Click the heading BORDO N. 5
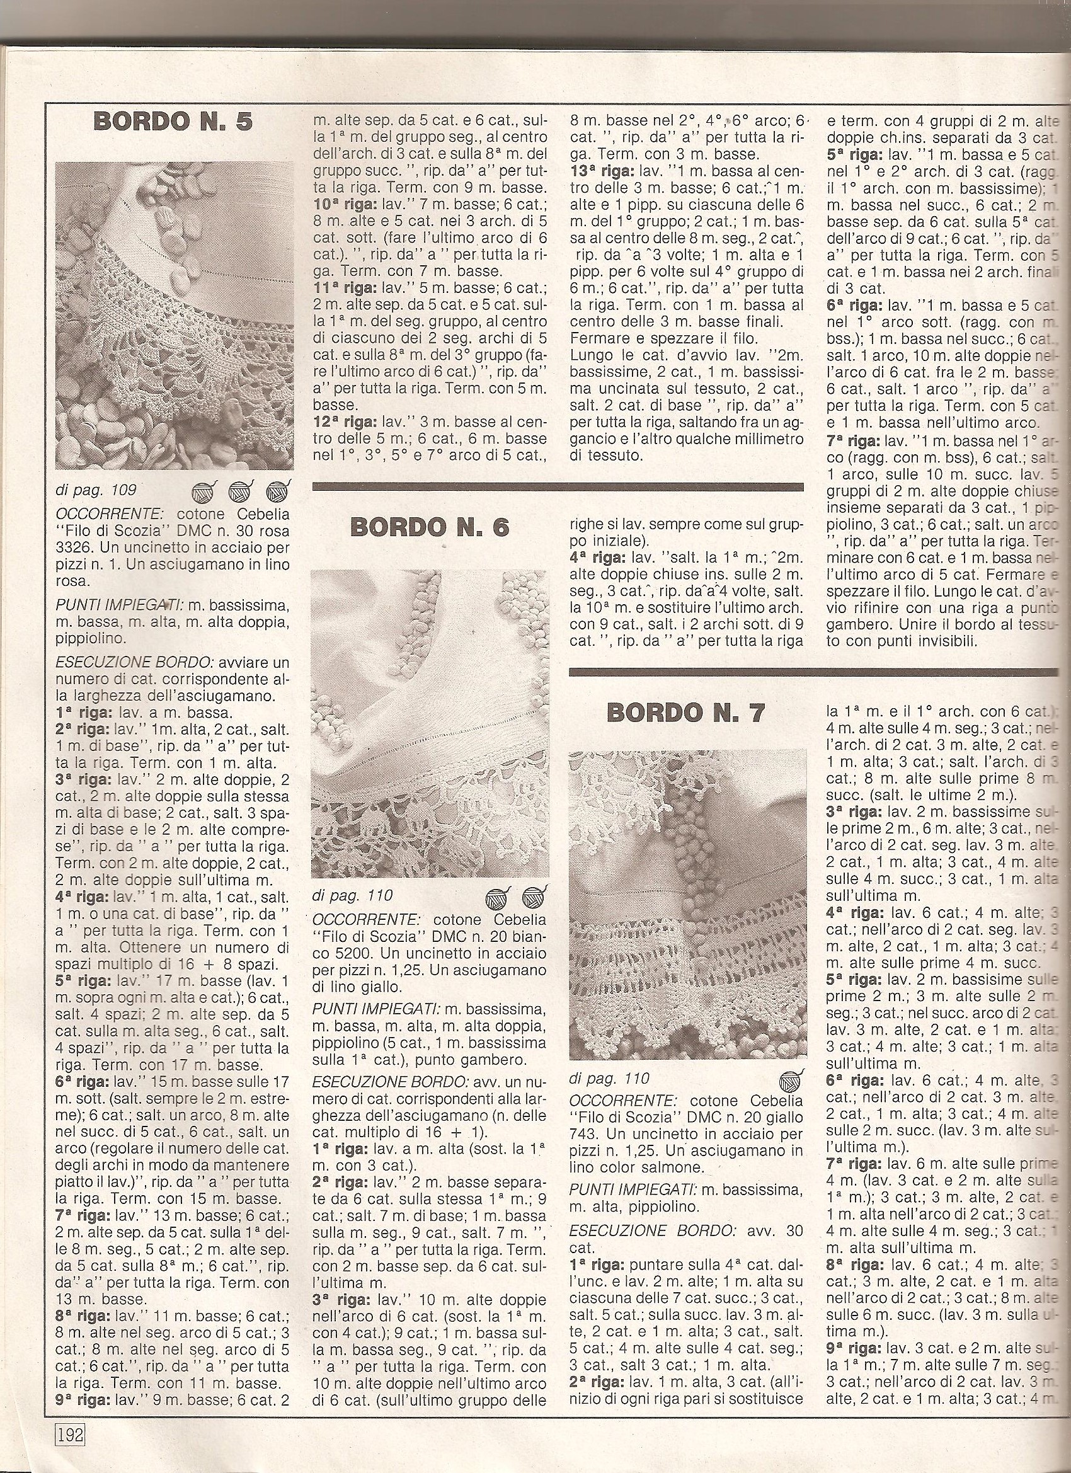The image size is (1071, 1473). [x=173, y=122]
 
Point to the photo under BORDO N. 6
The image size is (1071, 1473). [x=429, y=723]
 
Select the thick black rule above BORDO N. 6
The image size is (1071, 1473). [x=558, y=486]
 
